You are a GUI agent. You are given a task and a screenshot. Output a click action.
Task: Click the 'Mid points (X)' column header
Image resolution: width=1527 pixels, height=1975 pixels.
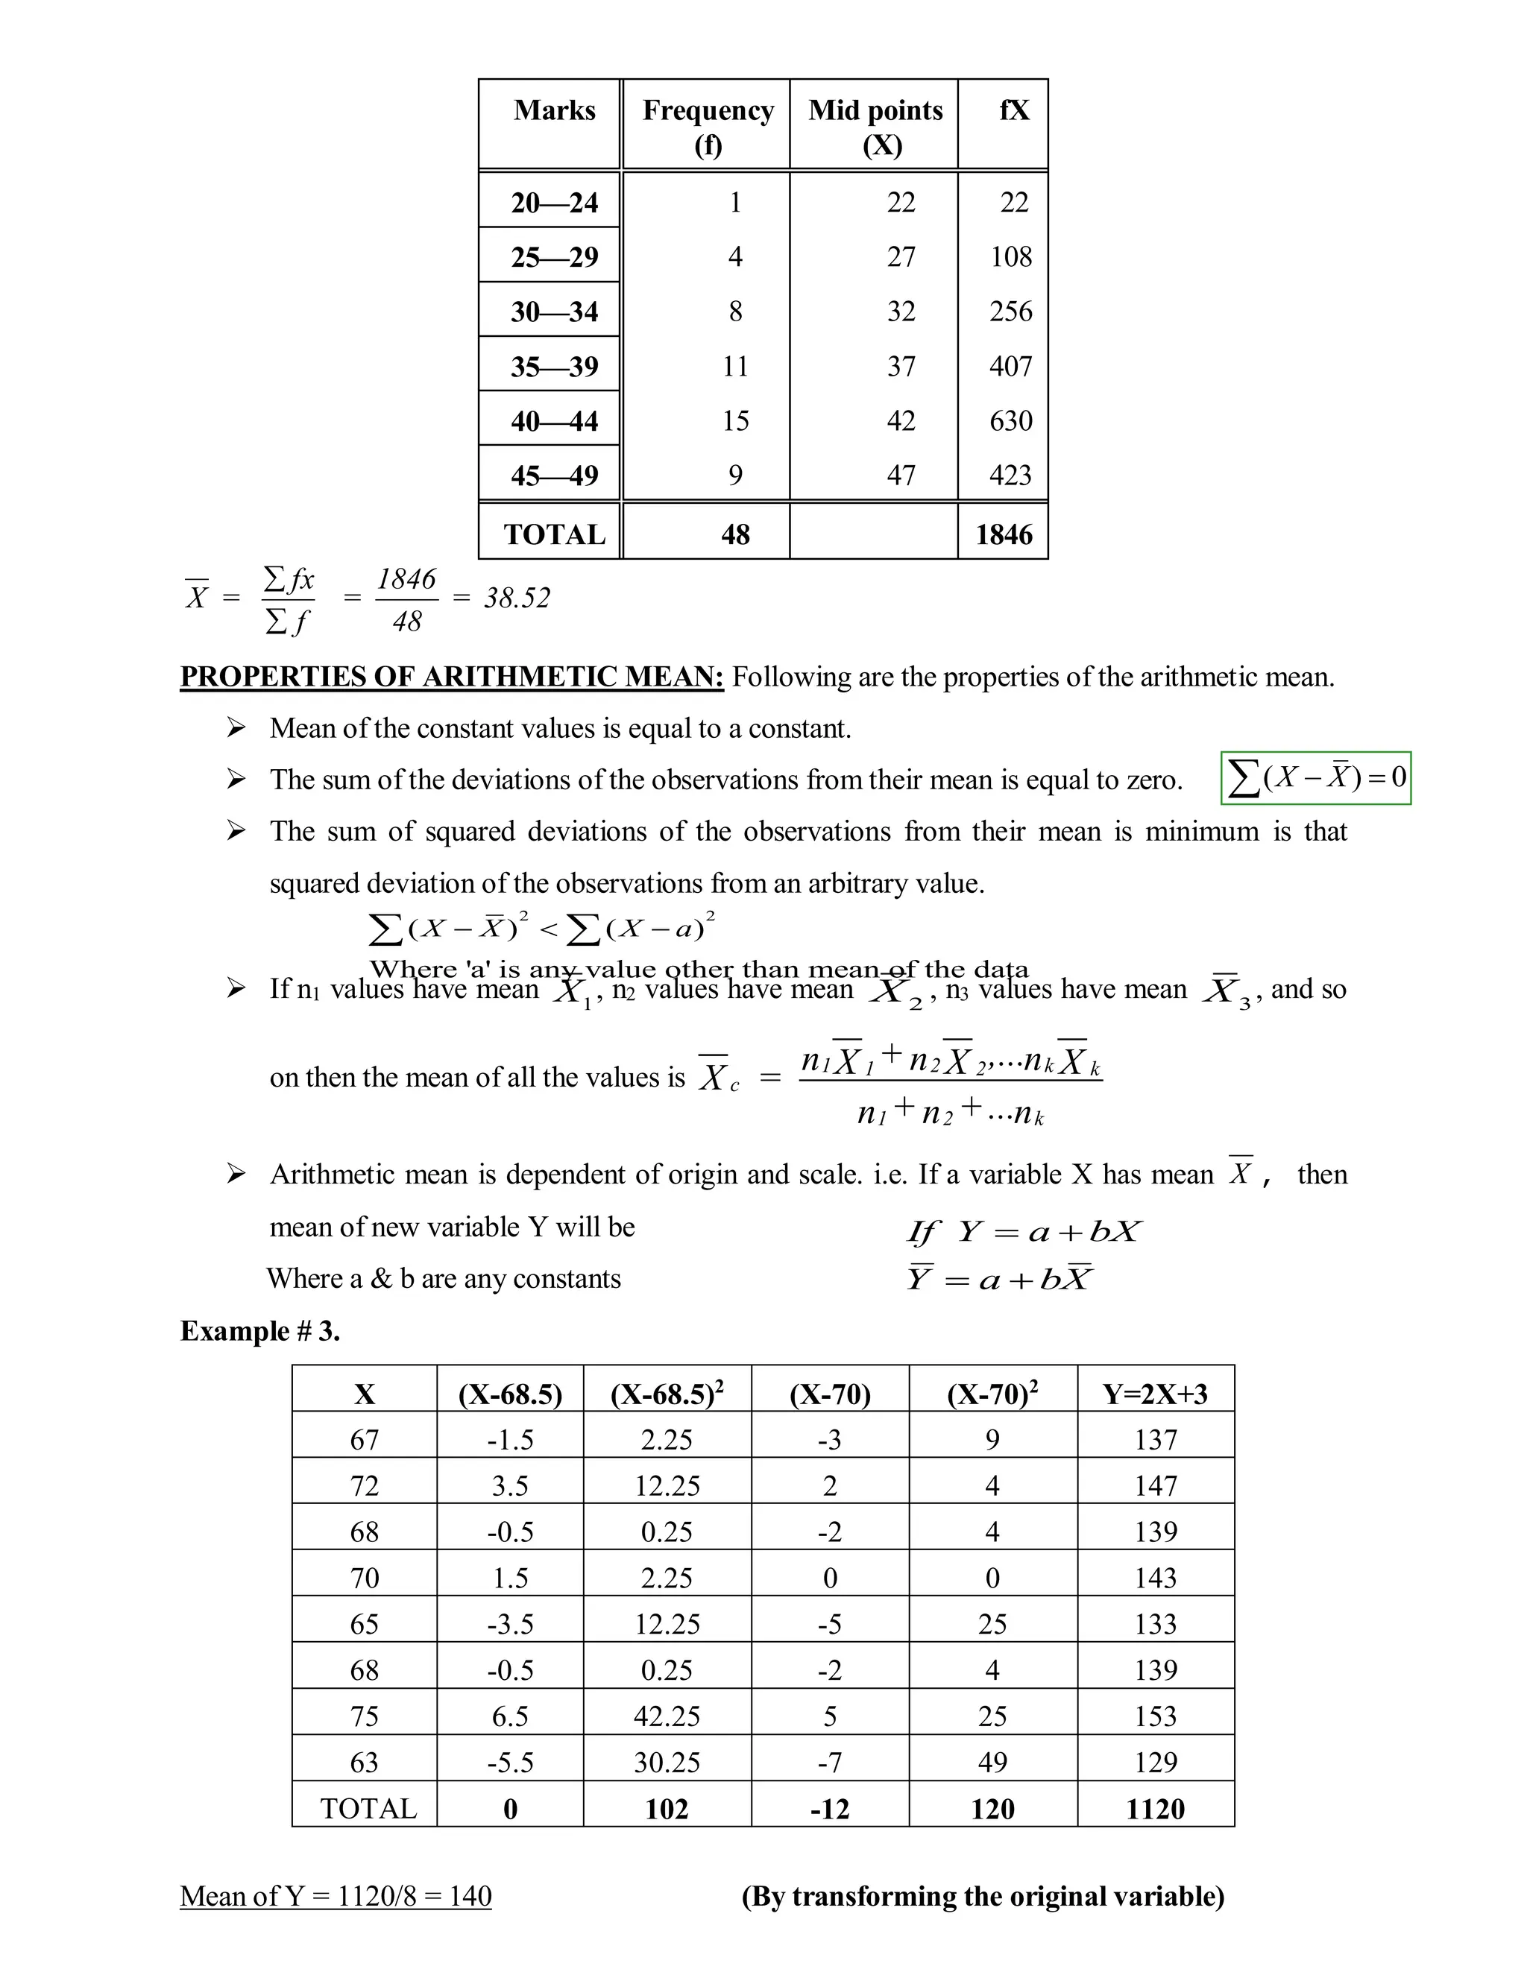point(875,127)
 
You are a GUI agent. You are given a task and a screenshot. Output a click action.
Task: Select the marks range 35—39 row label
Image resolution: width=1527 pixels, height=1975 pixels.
point(554,366)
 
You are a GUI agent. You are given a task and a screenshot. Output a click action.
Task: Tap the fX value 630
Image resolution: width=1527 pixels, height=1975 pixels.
point(1010,420)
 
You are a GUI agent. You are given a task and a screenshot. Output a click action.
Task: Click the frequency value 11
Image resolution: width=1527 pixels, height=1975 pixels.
point(734,366)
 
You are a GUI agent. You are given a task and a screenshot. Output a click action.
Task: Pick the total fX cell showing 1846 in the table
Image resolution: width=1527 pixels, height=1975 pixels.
point(1004,534)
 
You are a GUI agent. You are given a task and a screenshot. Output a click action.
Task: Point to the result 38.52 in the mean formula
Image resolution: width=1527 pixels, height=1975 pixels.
point(517,598)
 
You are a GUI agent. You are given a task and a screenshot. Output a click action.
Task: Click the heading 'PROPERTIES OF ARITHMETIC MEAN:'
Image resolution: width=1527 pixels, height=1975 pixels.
point(451,677)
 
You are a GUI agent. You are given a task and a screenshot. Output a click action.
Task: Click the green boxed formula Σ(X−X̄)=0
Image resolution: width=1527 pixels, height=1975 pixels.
point(1315,777)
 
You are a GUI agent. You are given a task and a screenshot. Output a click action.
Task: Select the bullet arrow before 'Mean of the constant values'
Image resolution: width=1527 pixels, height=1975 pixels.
point(236,728)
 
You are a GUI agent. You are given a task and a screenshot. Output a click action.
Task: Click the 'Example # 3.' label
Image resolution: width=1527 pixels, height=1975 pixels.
point(260,1331)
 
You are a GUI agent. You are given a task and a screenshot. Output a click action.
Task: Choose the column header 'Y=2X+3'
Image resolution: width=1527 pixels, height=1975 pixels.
point(1155,1394)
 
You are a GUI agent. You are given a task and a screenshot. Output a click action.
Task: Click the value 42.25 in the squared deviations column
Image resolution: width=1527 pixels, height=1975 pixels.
point(667,1716)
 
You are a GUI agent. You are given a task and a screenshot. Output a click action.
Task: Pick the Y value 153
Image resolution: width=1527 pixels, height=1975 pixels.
point(1155,1716)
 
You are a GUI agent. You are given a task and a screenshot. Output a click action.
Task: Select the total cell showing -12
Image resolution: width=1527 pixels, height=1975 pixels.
point(830,1809)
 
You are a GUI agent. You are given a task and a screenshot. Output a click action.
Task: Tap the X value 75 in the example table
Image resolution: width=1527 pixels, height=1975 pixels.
point(364,1716)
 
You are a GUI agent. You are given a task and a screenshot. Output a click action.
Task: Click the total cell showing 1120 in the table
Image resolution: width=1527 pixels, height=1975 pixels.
point(1155,1809)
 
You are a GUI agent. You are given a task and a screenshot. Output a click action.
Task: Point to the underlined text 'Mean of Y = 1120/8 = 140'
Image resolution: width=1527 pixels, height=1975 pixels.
point(336,1895)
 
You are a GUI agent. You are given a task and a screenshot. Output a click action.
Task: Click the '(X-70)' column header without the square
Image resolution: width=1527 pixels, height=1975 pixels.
point(830,1394)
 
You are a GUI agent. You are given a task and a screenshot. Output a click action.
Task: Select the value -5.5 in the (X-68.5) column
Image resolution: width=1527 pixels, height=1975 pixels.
point(510,1762)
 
